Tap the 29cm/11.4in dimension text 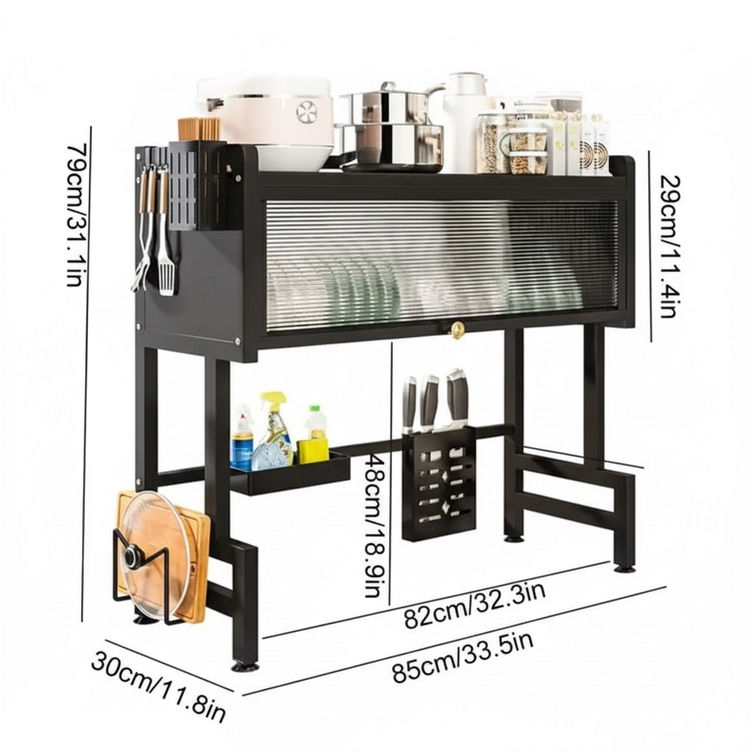click(x=670, y=247)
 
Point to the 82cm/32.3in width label click(x=474, y=606)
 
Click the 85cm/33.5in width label click(x=463, y=658)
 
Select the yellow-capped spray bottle click(x=274, y=429)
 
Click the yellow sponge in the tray click(x=313, y=452)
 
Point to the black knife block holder click(x=439, y=483)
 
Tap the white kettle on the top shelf click(x=462, y=123)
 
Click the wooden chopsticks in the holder click(x=199, y=129)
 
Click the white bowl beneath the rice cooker click(x=294, y=157)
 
